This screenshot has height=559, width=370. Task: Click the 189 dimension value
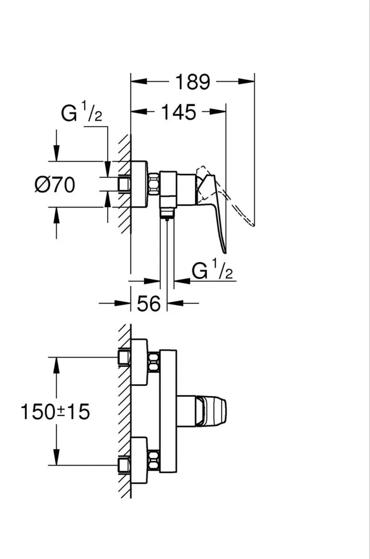(x=193, y=82)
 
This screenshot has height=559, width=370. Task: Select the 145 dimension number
(x=179, y=112)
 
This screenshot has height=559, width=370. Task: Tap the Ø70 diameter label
(x=55, y=185)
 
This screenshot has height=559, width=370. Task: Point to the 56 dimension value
(x=149, y=304)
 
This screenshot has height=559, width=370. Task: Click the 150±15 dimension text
(x=55, y=412)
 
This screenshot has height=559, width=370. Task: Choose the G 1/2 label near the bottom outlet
(x=212, y=270)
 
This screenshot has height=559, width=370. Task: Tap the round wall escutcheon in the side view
(x=139, y=184)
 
